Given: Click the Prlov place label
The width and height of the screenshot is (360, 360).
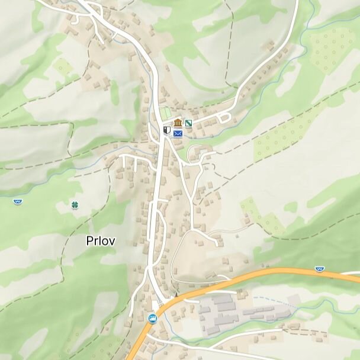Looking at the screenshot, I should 101,241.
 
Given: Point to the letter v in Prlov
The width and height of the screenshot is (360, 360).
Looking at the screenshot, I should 112,242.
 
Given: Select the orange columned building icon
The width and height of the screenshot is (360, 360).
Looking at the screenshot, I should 178,123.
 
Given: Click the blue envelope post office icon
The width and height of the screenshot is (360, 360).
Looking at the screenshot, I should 178,134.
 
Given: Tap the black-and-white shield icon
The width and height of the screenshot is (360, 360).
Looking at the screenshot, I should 167,130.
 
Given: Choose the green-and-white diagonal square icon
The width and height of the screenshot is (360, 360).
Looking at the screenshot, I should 189,123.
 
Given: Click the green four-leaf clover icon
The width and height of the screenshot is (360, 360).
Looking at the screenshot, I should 75,205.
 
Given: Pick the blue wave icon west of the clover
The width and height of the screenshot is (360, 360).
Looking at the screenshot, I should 17,201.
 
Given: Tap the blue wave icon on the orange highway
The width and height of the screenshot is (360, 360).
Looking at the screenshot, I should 320,269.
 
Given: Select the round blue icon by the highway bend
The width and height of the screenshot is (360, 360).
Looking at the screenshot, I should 153,319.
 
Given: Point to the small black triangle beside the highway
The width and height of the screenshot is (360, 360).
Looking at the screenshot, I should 175,294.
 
